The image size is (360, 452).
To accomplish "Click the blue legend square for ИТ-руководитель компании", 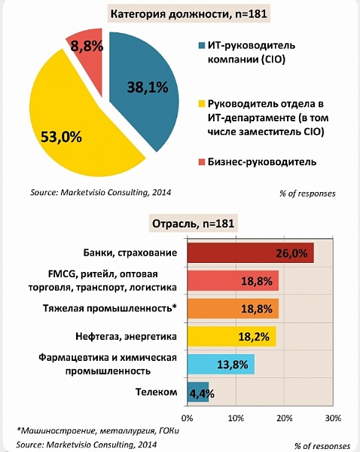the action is [x=202, y=45].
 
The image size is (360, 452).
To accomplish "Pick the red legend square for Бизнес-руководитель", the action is [x=202, y=162].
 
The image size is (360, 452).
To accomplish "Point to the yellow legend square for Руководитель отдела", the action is [x=202, y=104].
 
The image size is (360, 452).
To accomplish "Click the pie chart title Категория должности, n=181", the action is [x=189, y=14].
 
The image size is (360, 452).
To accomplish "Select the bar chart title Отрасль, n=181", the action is [x=193, y=224].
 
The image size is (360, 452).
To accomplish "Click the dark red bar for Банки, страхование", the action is [x=251, y=253].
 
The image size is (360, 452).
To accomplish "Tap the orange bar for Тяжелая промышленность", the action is [x=233, y=308].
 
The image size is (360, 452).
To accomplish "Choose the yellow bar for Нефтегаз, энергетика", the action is [x=231, y=336].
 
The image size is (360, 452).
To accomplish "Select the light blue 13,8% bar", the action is [x=221, y=365].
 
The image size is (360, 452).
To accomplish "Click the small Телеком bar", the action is [x=198, y=392].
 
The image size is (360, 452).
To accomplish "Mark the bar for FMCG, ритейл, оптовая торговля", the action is [x=233, y=280].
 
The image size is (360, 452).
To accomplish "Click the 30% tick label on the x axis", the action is [x=334, y=417].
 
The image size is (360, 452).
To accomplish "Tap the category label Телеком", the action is [x=156, y=392].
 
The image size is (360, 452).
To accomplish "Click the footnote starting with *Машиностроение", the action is [x=98, y=431].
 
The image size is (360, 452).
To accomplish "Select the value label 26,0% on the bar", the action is [x=291, y=253].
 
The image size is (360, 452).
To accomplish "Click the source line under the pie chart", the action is [x=101, y=192].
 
